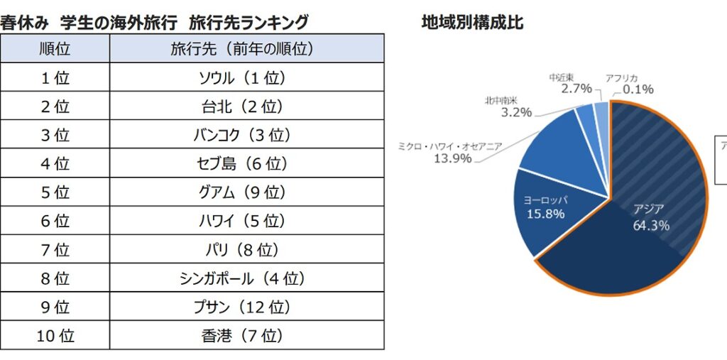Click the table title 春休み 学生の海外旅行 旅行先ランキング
point(155,22)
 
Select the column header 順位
point(55,49)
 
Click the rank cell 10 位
point(55,336)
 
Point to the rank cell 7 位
point(55,250)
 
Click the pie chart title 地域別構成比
point(473,22)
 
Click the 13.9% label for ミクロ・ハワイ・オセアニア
point(452,158)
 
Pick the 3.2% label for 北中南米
point(516,112)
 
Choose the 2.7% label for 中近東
point(576,89)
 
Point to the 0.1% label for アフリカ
point(638,89)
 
